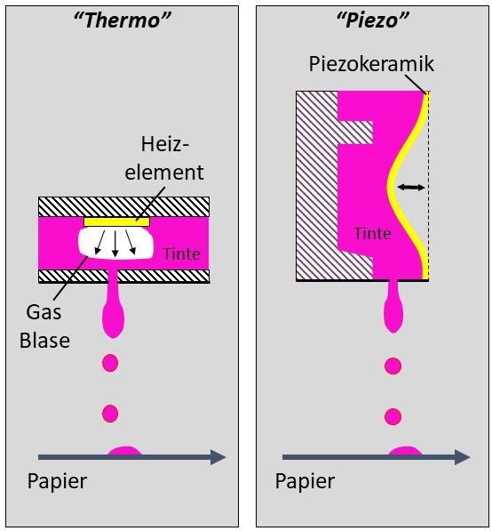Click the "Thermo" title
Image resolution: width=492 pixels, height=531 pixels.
pos(122,20)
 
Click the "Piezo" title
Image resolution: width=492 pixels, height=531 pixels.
pos(373,20)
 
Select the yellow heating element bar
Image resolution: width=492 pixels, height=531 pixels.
pos(116,221)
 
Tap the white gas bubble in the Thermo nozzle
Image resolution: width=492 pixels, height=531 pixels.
pos(115,243)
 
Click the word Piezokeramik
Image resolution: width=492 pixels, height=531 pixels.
pos(371,64)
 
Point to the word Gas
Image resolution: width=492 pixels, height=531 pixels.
pos(44,312)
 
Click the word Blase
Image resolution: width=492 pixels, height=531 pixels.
pos(44,340)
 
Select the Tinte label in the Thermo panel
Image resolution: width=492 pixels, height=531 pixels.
pos(181,254)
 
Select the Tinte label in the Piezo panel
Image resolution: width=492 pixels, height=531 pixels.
pos(372,234)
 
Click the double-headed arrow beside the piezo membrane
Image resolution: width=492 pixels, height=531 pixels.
pos(411,187)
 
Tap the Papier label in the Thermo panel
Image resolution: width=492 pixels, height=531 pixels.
pos(57,481)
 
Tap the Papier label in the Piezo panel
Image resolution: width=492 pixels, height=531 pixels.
pos(305,481)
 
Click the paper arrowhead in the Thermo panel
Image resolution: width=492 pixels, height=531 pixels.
pos(218,457)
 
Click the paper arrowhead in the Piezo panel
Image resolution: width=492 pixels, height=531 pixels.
pos(462,457)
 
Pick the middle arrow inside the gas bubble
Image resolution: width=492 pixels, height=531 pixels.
pos(115,244)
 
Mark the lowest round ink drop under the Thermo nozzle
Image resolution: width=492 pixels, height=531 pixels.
pos(110,414)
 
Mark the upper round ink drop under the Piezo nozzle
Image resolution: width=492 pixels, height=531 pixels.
pos(393,366)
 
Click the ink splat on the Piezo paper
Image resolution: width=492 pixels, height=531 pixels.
pos(405,451)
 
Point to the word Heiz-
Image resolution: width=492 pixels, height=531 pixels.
pos(165,144)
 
